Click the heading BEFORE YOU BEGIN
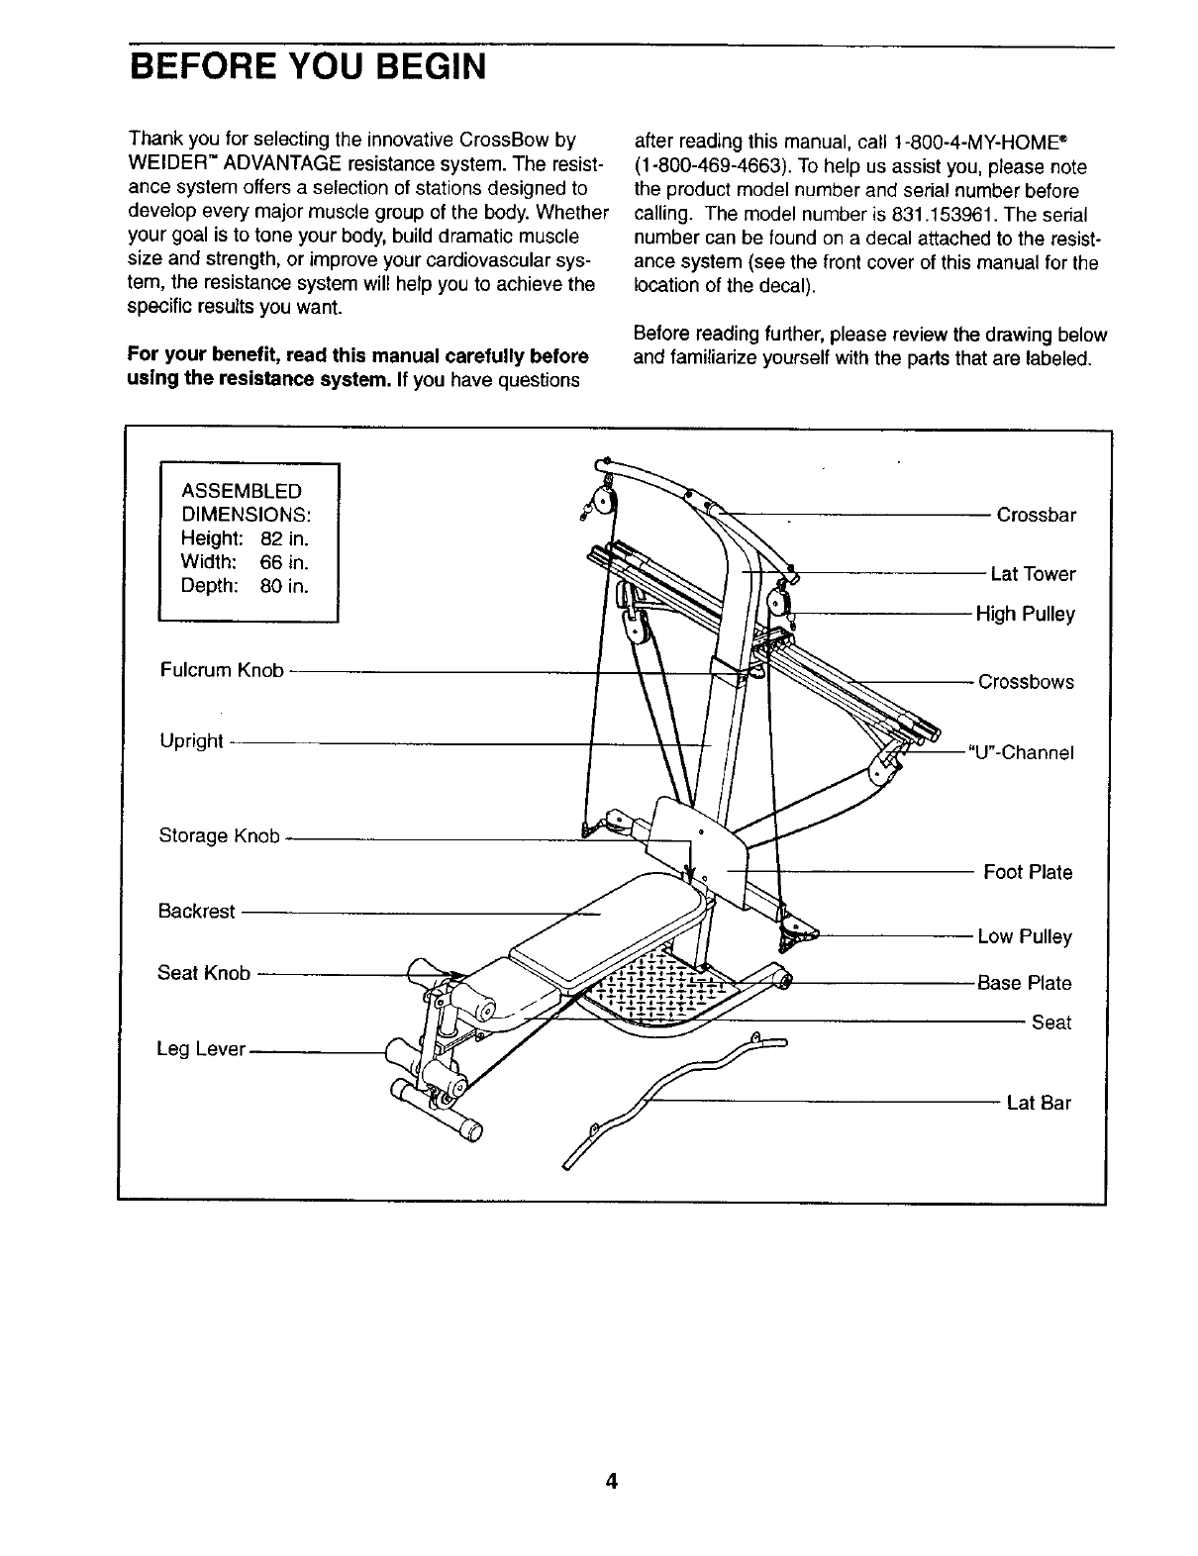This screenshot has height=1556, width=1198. (308, 68)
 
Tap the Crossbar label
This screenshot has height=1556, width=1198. (1036, 515)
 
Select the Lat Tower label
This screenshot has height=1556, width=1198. (1033, 574)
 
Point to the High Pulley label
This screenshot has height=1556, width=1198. (1025, 614)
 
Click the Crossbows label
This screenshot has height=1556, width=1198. (1026, 682)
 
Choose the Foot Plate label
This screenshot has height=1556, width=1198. (1028, 872)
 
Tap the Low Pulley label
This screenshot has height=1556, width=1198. (1025, 936)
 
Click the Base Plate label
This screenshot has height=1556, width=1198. (1024, 983)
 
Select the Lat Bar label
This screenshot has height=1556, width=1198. (1039, 1103)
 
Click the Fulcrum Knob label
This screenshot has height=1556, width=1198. (222, 670)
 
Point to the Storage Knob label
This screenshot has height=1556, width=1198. (220, 835)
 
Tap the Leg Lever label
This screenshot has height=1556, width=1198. (201, 1048)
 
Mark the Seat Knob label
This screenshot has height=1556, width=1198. (204, 973)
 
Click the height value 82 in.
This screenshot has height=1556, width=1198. (284, 538)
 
